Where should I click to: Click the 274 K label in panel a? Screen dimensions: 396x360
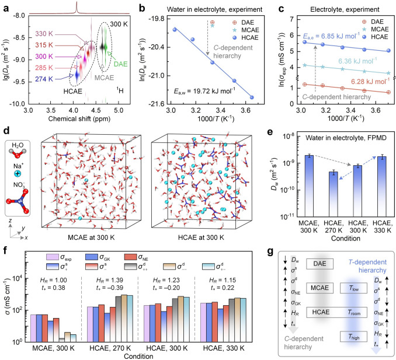click(x=44, y=79)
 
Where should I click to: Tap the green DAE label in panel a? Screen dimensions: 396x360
click(x=120, y=64)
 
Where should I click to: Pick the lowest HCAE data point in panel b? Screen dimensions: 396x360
click(x=252, y=97)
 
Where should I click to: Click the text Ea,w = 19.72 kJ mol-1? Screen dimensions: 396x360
click(x=204, y=91)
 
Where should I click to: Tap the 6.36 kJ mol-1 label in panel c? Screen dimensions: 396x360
click(x=357, y=61)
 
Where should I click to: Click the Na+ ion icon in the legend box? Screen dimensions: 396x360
click(x=18, y=173)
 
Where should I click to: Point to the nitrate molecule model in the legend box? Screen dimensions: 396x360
click(x=18, y=201)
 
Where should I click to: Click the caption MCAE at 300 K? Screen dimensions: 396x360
click(x=91, y=237)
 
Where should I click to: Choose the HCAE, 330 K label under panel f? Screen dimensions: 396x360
click(x=224, y=348)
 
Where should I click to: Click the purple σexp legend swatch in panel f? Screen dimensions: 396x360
click(x=53, y=257)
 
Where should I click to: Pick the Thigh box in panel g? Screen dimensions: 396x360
click(x=353, y=337)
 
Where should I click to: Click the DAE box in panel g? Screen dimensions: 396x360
click(x=319, y=264)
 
